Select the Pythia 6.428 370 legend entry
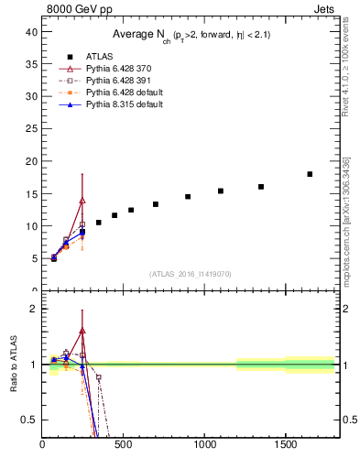[111, 69]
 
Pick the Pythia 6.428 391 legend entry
[111, 81]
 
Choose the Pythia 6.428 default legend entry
[115, 93]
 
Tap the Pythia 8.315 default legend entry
[115, 104]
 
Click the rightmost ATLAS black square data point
[310, 174]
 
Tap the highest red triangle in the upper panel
[82, 200]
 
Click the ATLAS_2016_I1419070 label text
[191, 273]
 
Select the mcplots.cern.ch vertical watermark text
[346, 220]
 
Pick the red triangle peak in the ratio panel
[82, 331]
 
